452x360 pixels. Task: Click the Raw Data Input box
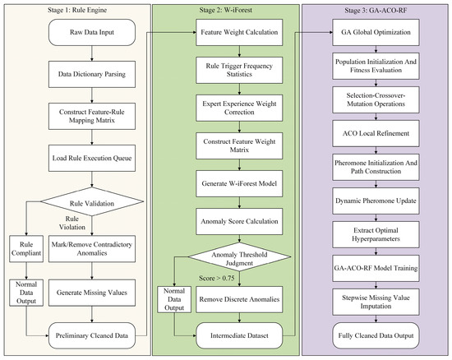92,32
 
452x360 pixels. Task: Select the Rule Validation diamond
92,201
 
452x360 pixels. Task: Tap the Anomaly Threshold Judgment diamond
239,256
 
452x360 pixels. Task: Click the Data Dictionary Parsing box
92,74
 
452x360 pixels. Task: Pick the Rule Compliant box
26,249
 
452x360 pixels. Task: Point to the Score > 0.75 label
216,278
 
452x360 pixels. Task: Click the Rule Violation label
72,223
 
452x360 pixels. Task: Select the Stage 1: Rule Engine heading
77,10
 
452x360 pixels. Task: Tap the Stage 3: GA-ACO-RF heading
376,11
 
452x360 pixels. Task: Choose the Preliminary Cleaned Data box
92,335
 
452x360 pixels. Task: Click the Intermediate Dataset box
239,335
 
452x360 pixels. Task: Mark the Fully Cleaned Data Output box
376,335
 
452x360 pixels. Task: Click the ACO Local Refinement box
376,133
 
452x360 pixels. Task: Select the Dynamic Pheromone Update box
376,201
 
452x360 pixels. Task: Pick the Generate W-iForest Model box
239,183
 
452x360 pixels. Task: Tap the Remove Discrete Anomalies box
239,299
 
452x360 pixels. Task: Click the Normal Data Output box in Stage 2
174,299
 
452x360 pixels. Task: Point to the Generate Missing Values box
92,293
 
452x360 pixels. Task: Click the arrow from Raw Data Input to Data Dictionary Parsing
92,53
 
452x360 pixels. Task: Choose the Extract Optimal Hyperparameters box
376,234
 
